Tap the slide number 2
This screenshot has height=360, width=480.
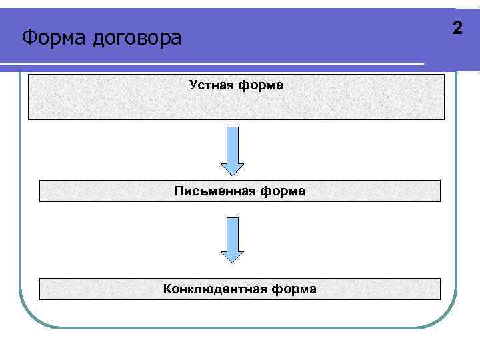(457, 28)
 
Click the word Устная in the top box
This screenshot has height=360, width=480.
(212, 85)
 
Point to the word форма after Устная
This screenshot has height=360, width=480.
(261, 85)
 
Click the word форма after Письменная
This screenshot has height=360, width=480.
(283, 191)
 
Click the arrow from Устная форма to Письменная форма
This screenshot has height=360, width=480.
(232, 150)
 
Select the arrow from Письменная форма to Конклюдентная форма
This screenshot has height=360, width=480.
(232, 239)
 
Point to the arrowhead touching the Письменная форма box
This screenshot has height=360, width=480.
(232, 169)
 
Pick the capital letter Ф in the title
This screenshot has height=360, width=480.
(29, 37)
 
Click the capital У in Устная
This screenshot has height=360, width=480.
(193, 85)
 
